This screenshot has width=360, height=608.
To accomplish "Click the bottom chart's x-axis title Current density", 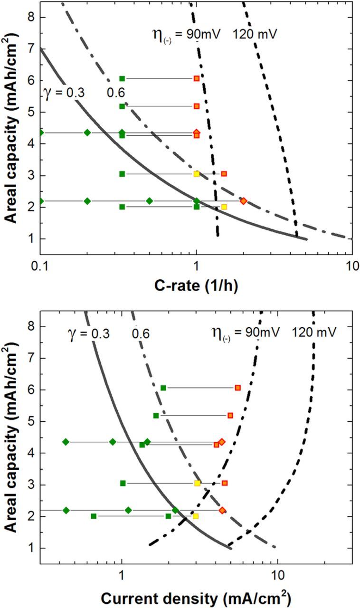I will coord(196,594).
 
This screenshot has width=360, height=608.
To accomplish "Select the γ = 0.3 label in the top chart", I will coord(64,93).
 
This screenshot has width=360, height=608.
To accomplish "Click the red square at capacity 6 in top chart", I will coord(197,78).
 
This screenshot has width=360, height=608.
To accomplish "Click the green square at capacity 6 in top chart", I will coord(122,78).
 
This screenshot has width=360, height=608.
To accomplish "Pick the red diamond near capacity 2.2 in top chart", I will coord(243,201).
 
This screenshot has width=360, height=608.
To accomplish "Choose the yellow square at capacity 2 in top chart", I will coord(224,207).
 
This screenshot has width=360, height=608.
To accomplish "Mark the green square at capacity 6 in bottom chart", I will coord(163,388).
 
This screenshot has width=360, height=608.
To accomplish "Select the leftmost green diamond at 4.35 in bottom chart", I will coord(66,442).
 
